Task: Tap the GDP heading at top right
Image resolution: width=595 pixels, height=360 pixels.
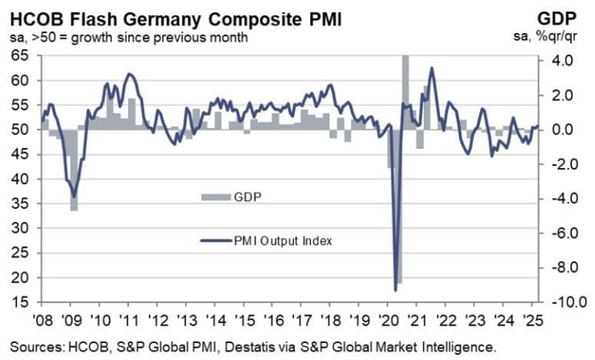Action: point(569,16)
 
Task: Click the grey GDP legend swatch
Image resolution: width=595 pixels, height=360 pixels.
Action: point(216,197)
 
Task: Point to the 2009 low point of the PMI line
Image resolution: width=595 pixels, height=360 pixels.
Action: point(74,197)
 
